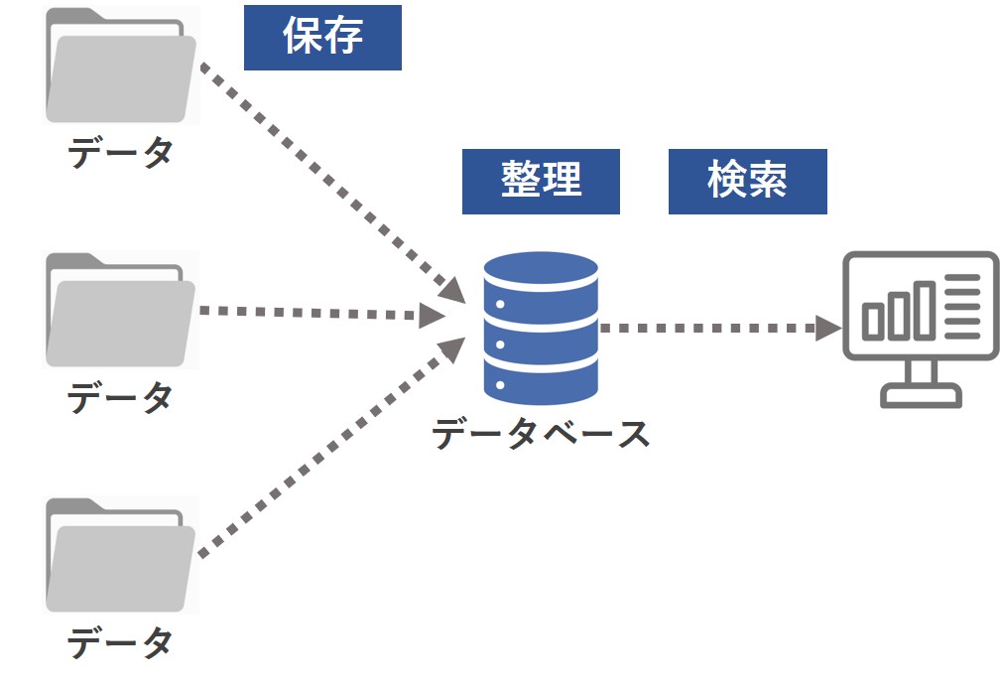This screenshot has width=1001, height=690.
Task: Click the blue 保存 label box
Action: pos(322,37)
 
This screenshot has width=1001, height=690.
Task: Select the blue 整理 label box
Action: pos(541,181)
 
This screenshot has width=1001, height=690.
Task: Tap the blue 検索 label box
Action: pos(747,181)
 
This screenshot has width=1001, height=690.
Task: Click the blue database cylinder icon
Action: pos(541,328)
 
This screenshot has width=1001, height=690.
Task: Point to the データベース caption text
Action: pos(541,434)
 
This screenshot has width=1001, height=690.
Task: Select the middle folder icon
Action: pos(121,309)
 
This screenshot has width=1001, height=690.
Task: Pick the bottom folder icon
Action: pos(121,554)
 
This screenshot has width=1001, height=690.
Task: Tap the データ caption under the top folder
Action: pos(121,153)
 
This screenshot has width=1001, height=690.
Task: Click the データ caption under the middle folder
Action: pos(121,398)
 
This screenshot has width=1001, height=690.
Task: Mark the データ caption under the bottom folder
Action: pos(121,643)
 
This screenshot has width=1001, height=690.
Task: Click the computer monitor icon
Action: pos(920,328)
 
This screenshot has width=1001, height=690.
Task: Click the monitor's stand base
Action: pos(922,396)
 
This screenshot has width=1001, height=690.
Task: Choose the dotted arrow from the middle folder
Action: pos(317,314)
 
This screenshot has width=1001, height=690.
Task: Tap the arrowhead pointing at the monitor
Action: pos(828,328)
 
